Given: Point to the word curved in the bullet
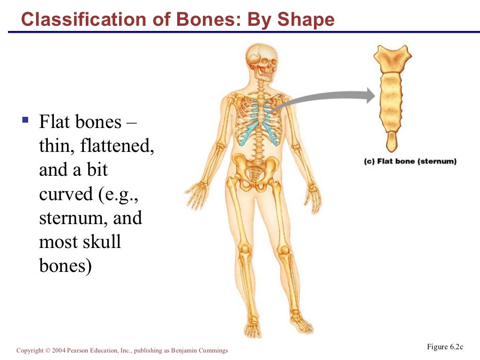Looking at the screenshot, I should pos(66,194).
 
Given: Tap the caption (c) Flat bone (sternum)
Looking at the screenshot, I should pos(410,162).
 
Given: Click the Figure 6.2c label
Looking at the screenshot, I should pos(445,347).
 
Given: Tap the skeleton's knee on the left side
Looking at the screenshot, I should pos(244,248).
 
